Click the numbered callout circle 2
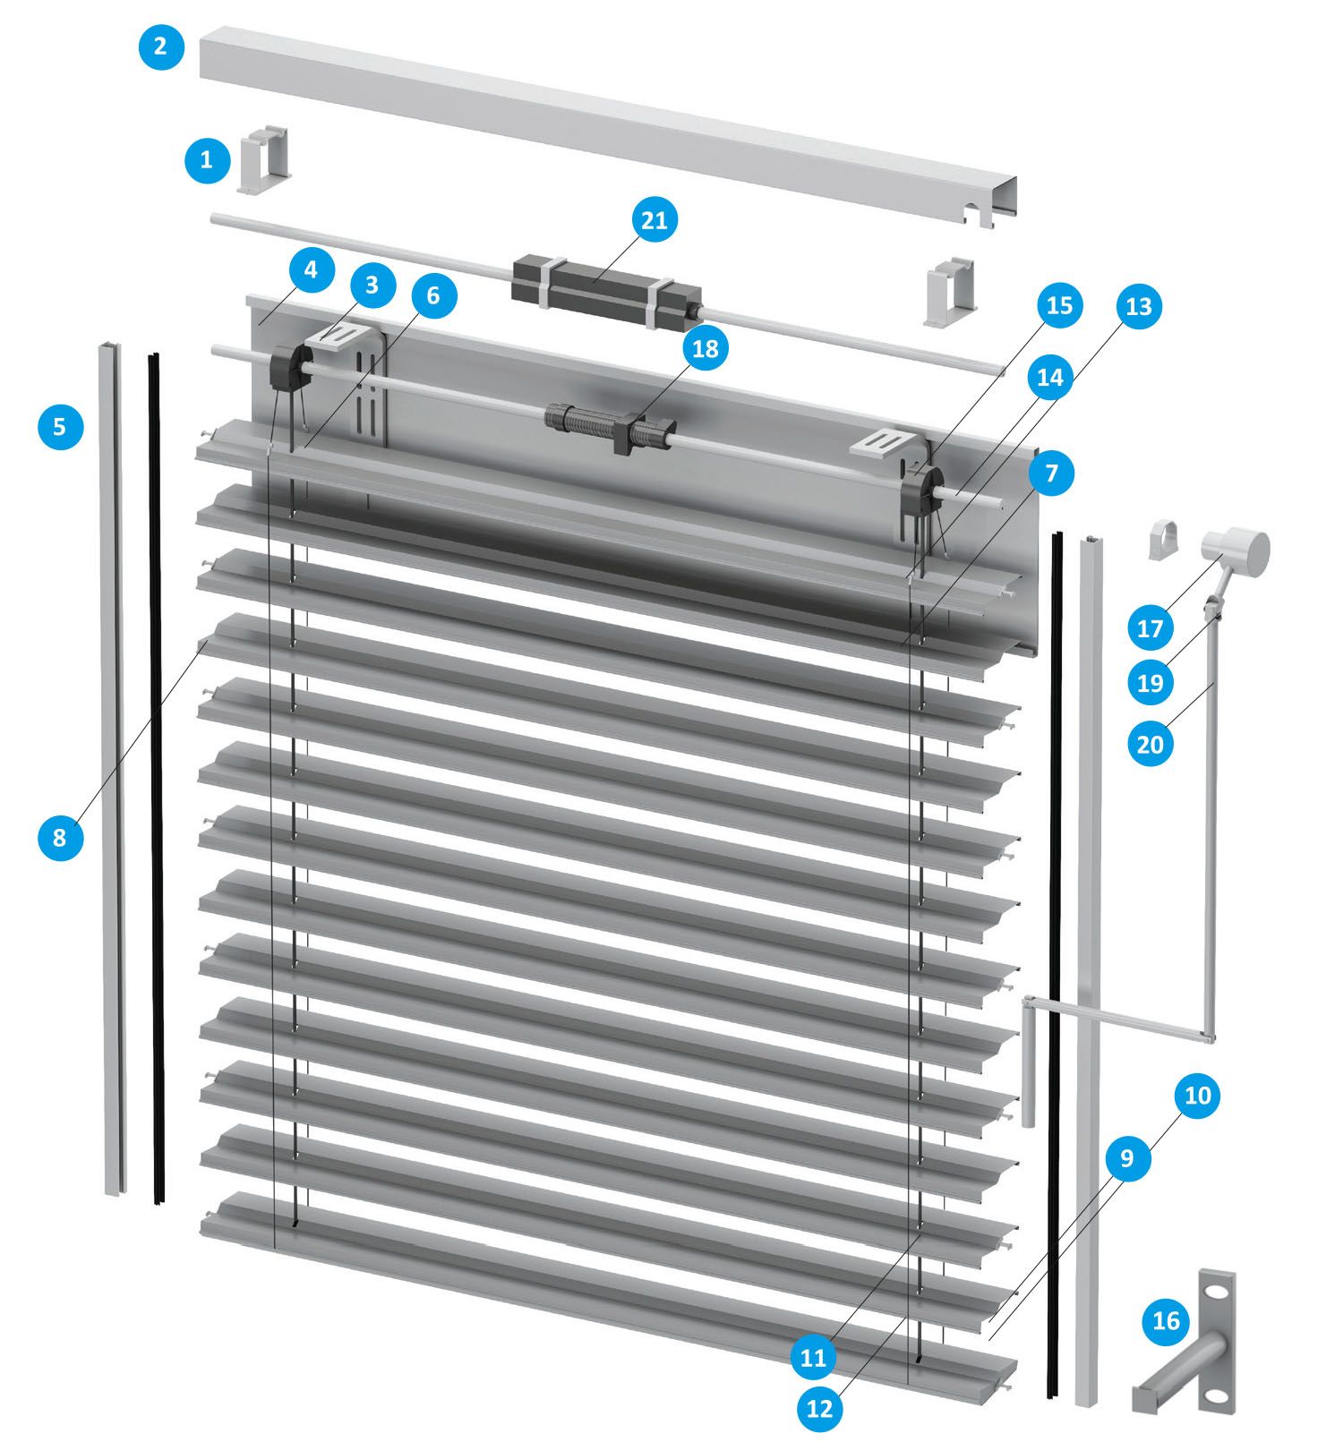(161, 46)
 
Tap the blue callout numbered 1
(207, 160)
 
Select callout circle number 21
(655, 220)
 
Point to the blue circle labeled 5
(60, 426)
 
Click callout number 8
(60, 837)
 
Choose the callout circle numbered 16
(1166, 1320)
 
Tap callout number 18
(706, 348)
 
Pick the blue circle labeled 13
(1138, 306)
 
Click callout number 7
(1051, 473)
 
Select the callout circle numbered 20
(1150, 744)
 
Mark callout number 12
(819, 1408)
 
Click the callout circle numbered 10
(1197, 1095)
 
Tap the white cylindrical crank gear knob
(1236, 551)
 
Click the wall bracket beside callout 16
(1186, 1343)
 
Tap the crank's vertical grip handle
(1028, 1062)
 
